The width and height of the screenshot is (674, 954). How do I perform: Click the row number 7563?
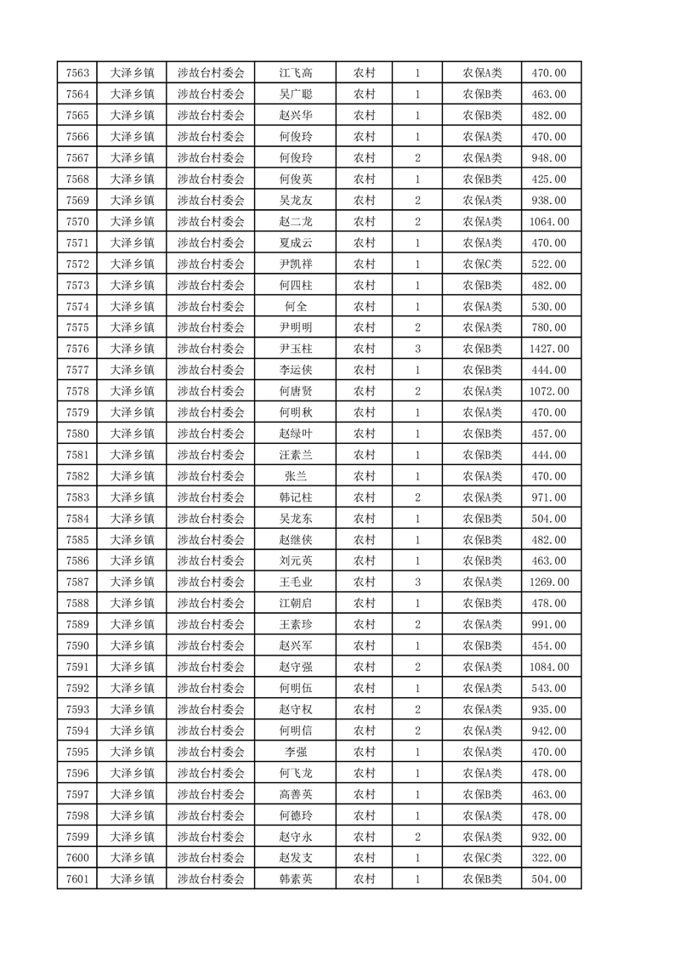click(x=76, y=73)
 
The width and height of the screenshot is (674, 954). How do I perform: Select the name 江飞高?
click(x=296, y=73)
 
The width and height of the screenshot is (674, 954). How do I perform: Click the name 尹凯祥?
click(x=296, y=264)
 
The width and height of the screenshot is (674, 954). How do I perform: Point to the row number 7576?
click(x=76, y=349)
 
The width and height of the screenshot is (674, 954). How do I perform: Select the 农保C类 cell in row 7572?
click(x=482, y=264)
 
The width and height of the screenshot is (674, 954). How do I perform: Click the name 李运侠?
click(x=296, y=370)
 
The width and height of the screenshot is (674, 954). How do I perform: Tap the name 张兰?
click(x=296, y=476)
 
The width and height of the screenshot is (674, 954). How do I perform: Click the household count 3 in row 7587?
click(x=417, y=582)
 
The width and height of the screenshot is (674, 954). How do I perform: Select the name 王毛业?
click(x=296, y=582)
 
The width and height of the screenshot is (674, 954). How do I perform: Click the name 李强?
click(x=296, y=752)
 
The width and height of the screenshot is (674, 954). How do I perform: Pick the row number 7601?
click(x=76, y=879)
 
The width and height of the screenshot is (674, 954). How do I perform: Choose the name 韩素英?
click(x=296, y=879)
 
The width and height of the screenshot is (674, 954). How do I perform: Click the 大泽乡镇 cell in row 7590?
click(x=133, y=646)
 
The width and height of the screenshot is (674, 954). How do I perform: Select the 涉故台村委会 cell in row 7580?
click(x=211, y=434)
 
